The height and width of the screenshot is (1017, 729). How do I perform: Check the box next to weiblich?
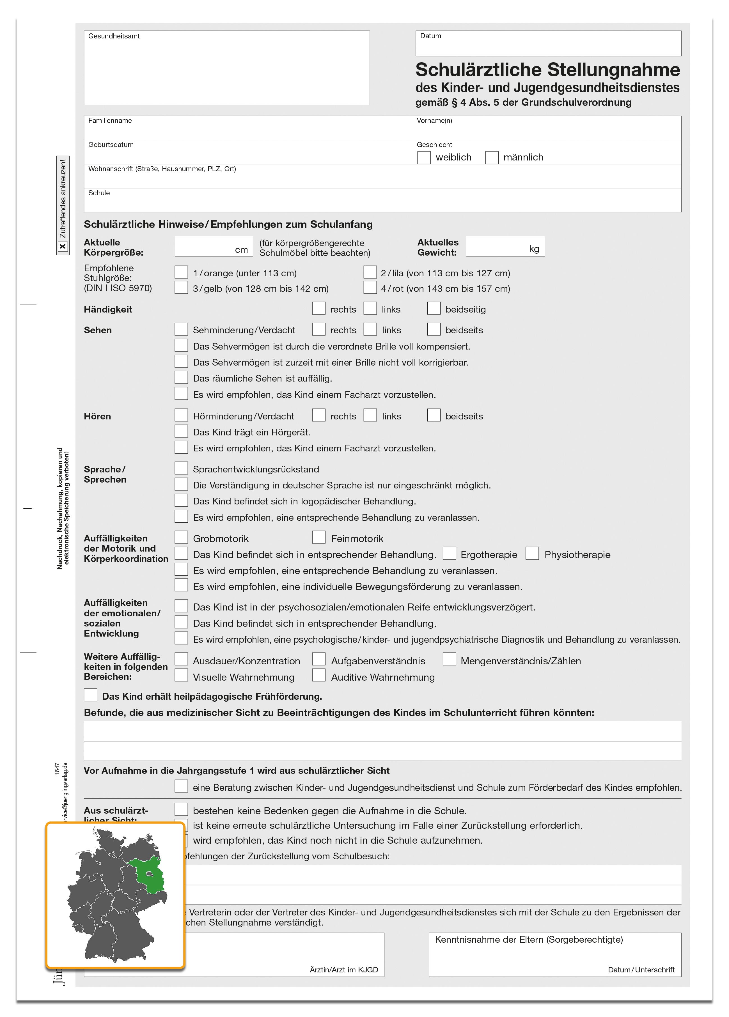pos(423,157)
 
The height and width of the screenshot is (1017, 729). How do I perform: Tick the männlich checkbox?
pos(492,157)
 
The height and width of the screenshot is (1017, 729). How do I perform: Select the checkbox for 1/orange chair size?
pos(181,272)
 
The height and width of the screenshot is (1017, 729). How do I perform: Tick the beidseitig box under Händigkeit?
pos(433,309)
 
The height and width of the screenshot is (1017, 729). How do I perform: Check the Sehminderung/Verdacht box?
pos(181,329)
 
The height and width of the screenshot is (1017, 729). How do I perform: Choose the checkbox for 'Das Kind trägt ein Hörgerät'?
pos(181,431)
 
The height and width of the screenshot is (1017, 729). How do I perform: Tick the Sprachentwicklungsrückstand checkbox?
pos(181,468)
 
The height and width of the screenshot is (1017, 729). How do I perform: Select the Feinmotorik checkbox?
pos(318,537)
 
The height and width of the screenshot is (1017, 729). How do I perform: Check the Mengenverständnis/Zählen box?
pos(449,660)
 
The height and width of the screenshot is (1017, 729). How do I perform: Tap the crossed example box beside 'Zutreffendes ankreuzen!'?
pos(63,246)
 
